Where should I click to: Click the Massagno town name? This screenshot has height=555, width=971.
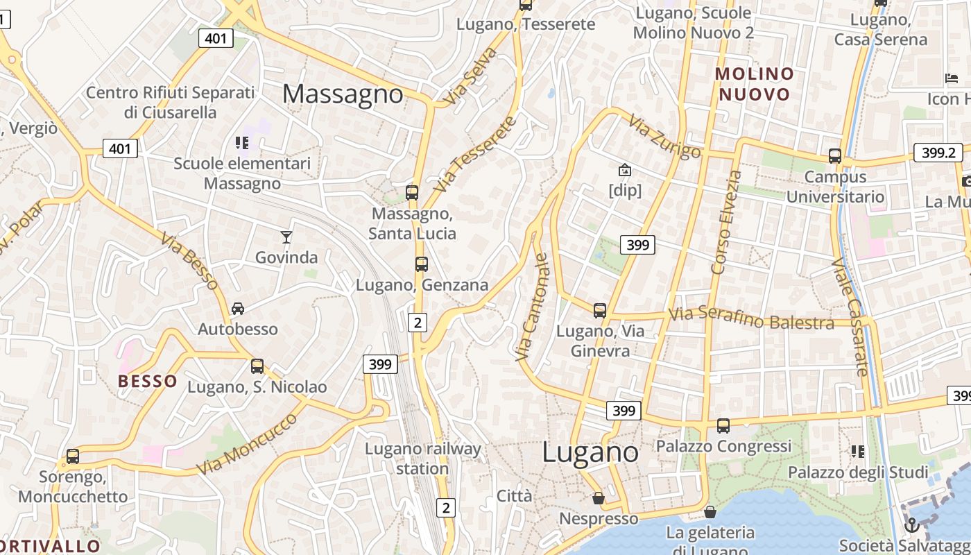[x=343, y=94]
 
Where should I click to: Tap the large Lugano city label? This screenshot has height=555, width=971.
[x=590, y=452]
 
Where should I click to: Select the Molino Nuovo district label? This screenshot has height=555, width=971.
[x=753, y=83]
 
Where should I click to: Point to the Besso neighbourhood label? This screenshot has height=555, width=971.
[x=147, y=381]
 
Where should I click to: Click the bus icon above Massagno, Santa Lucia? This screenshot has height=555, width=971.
[x=412, y=193]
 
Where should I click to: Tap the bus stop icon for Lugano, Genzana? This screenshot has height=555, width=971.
[x=421, y=264]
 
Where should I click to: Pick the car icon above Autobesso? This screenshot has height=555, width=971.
[x=237, y=308]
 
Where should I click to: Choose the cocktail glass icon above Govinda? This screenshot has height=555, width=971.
[x=286, y=237]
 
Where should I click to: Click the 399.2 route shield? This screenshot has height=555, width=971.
[x=939, y=153]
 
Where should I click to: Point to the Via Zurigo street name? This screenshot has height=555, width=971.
[x=664, y=136]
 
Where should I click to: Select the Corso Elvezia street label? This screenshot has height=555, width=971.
[x=727, y=221]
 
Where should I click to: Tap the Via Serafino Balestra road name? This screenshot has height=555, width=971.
[x=750, y=318]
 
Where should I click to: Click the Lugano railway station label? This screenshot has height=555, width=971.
[x=422, y=459]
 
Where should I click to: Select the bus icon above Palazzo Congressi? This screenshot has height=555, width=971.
[x=723, y=425]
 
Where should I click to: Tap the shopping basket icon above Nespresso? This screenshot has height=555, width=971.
[x=598, y=497]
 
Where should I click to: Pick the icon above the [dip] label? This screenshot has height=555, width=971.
[x=624, y=169]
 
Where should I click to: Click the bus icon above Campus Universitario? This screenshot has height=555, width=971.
[x=835, y=156]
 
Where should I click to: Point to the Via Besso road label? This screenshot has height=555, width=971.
[x=189, y=261]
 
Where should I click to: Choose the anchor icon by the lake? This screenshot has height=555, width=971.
[x=912, y=525]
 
